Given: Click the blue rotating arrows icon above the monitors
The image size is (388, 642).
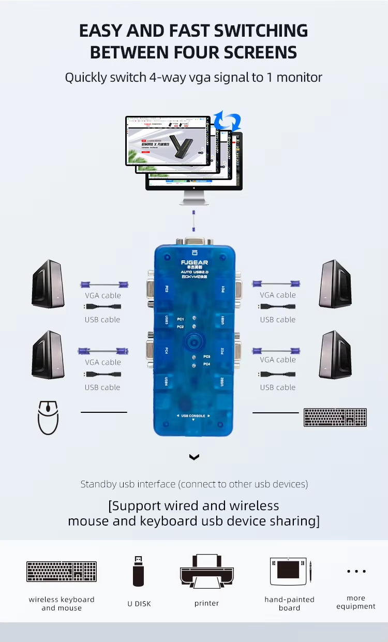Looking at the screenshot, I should [228, 120].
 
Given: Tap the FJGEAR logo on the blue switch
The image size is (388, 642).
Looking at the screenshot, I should [194, 261].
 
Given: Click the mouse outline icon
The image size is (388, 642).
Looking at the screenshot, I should [48, 417].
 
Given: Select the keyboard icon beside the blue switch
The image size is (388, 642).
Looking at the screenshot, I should [335, 417].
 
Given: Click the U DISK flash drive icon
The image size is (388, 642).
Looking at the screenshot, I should [138, 571].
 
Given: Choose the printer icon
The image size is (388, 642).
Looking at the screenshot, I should [207, 571].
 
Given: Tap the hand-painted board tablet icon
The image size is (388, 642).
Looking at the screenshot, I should [289, 571].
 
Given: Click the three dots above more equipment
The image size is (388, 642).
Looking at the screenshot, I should [356, 571].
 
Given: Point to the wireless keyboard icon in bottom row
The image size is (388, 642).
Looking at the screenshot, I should [62, 571].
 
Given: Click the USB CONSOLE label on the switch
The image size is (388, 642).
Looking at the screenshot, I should [193, 416].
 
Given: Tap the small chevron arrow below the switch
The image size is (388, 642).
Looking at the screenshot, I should [194, 457].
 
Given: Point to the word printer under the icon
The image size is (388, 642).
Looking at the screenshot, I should [207, 603].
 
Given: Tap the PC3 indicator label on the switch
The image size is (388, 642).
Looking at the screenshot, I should [206, 356].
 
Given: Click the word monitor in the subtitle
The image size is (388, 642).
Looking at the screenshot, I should [299, 78].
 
